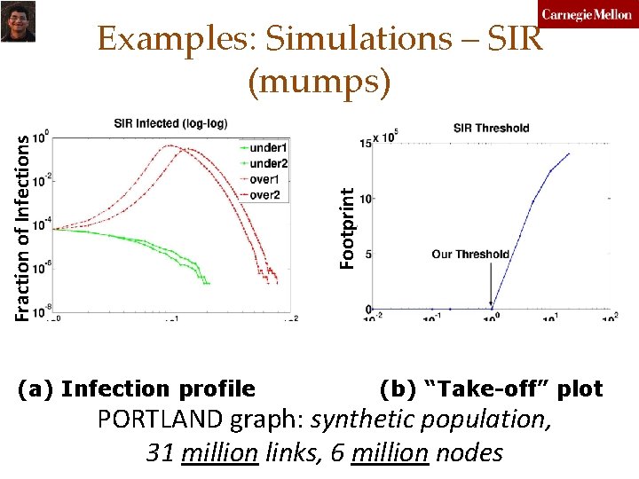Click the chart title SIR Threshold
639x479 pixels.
[x=491, y=128]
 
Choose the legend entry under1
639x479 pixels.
[x=268, y=146]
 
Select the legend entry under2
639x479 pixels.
[x=268, y=163]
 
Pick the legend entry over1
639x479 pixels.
[x=265, y=179]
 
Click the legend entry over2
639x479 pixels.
[x=265, y=195]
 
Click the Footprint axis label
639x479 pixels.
[x=349, y=226]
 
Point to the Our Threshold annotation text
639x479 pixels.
[x=470, y=255]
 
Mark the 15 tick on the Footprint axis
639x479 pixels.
[x=365, y=143]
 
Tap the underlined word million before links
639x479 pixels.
[x=219, y=453]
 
